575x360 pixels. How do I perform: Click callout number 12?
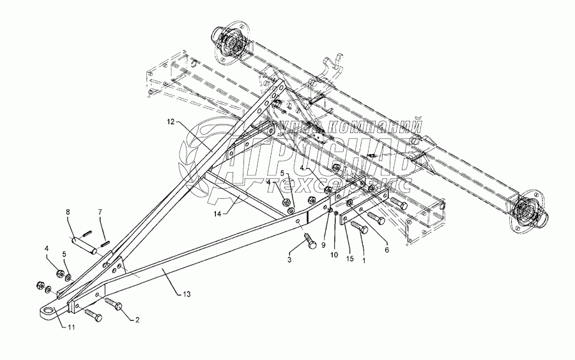171,121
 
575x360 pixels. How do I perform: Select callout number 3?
290,260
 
